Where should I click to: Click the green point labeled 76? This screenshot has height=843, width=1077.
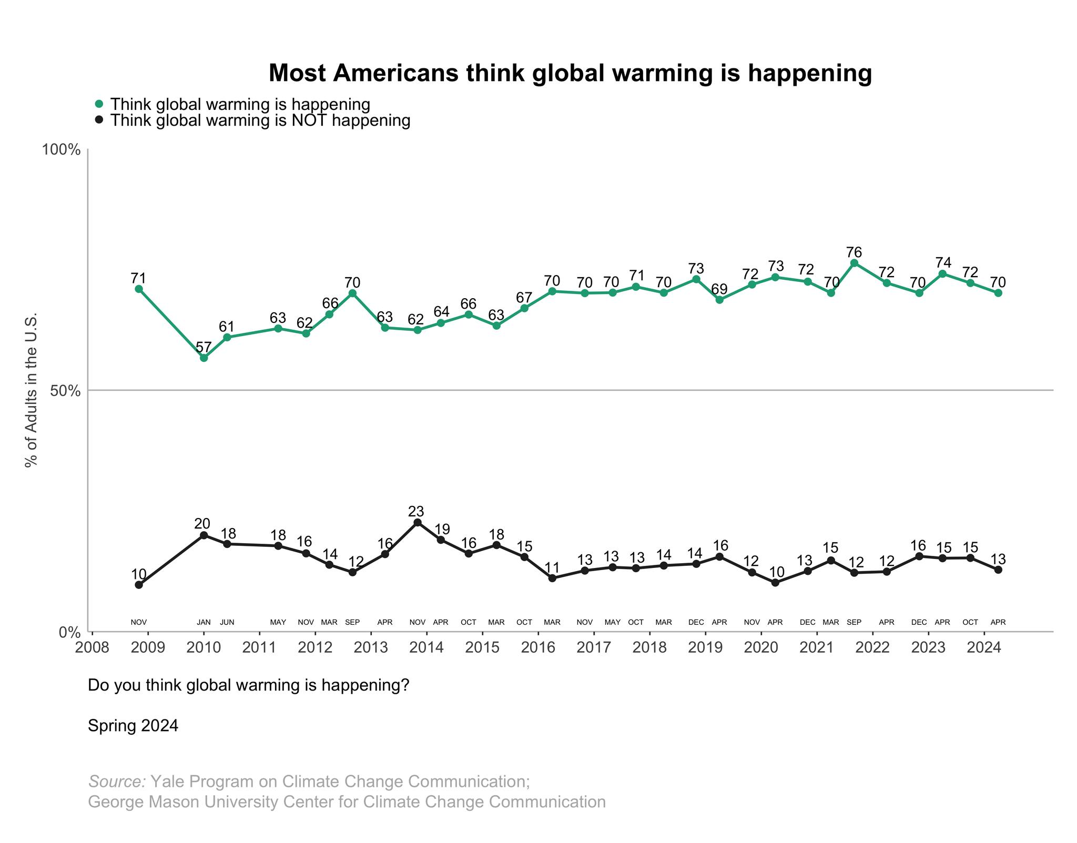click(x=854, y=263)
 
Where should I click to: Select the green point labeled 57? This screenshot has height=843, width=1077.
click(x=204, y=358)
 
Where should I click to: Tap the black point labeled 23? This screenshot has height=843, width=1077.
click(x=418, y=522)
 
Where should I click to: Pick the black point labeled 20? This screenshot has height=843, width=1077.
click(x=204, y=535)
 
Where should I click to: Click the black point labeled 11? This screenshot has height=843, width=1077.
click(x=552, y=578)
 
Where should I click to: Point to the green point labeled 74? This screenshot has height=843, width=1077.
click(x=942, y=273)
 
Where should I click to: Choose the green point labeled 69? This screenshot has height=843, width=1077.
click(x=719, y=300)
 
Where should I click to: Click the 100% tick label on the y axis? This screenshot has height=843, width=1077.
click(x=62, y=150)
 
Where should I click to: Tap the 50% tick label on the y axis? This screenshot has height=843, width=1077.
click(x=65, y=391)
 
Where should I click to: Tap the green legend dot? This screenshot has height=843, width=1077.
click(x=99, y=104)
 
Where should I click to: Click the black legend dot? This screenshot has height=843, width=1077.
click(x=99, y=120)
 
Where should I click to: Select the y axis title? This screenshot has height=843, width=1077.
click(x=31, y=390)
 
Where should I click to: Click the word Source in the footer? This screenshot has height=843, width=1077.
click(x=117, y=781)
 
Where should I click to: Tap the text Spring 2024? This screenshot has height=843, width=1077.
click(x=133, y=726)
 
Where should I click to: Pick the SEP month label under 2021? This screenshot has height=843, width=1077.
click(x=854, y=623)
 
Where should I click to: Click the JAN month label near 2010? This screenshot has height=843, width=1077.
click(x=204, y=623)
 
